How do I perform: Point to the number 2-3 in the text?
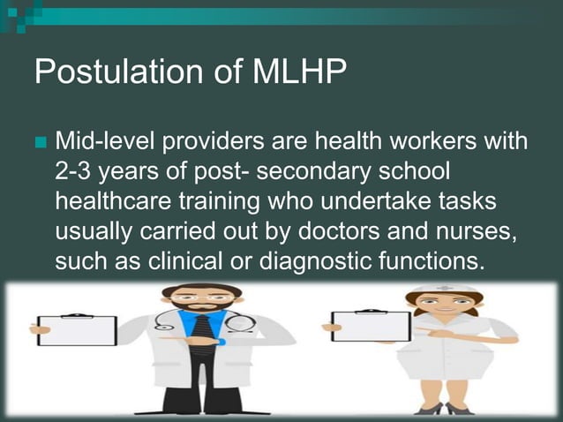pos(75,170)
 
